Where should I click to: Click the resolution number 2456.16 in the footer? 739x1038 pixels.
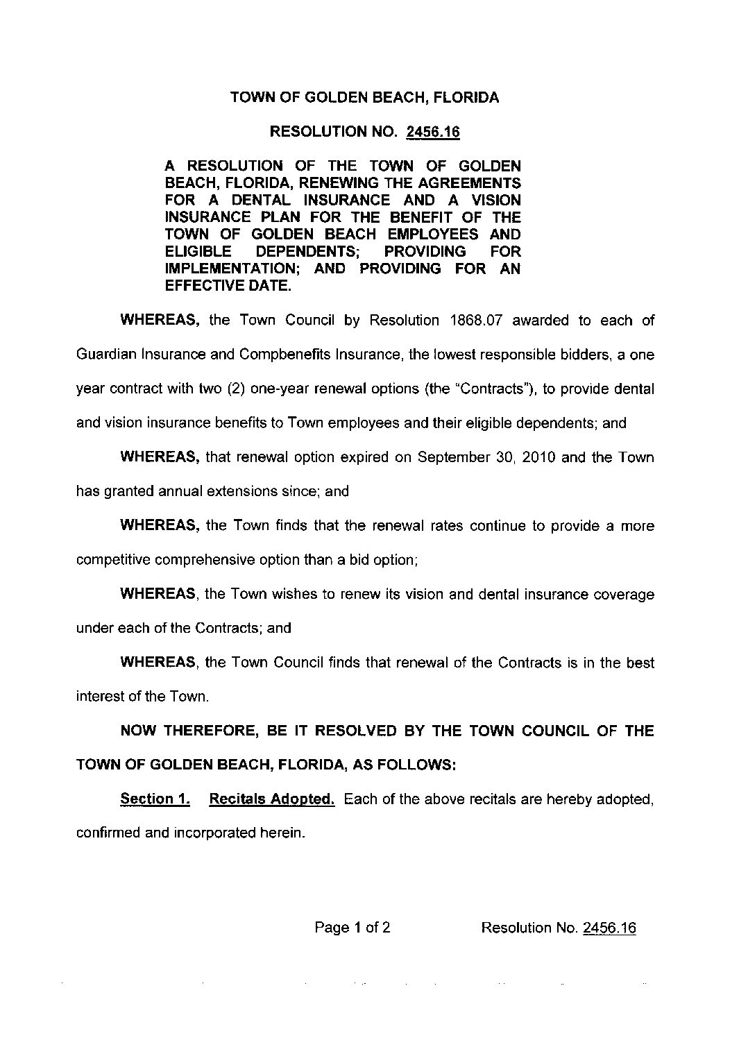click(610, 928)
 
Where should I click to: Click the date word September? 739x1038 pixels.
click(448, 457)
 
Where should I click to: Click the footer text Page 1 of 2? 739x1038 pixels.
click(352, 928)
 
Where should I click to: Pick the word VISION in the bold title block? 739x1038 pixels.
click(493, 200)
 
